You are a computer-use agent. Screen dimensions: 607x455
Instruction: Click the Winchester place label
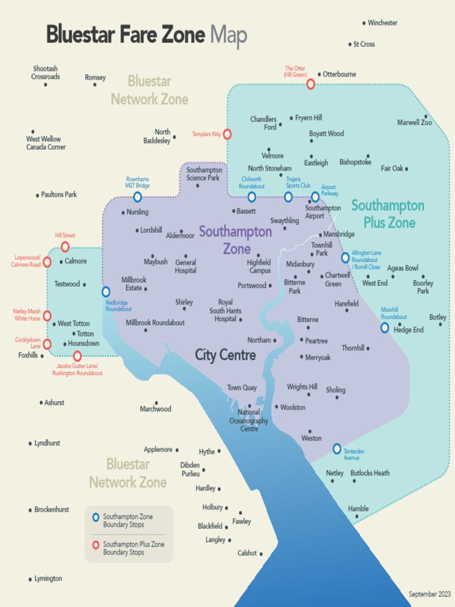point(382,23)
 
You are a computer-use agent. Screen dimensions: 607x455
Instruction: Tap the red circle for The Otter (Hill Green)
point(310,84)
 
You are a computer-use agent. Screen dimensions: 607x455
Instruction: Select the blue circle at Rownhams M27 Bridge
point(137,197)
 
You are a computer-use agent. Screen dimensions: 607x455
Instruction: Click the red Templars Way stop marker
point(227,135)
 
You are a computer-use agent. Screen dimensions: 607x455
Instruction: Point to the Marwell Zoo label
point(414,123)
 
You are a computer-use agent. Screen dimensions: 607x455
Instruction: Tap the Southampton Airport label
point(323,212)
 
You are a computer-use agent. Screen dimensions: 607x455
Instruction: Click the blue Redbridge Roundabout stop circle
point(106,292)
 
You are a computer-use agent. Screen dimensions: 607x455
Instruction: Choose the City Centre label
point(226,355)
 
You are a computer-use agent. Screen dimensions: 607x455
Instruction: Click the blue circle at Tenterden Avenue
point(337,449)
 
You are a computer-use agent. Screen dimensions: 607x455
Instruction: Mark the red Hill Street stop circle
point(65,247)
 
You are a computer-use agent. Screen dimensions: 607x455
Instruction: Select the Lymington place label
point(48,579)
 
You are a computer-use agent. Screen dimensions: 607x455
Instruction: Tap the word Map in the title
point(228,36)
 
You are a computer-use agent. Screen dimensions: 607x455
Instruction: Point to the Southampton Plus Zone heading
point(388,214)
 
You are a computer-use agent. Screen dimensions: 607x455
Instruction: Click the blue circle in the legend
point(95,517)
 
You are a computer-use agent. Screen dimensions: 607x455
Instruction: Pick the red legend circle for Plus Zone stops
point(95,545)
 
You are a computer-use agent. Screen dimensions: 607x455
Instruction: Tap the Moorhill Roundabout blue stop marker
point(384,327)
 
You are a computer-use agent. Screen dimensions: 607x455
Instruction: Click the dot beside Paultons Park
point(37,195)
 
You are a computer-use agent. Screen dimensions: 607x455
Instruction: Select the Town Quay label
point(242,388)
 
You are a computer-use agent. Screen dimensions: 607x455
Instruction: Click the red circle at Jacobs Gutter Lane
point(77,356)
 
